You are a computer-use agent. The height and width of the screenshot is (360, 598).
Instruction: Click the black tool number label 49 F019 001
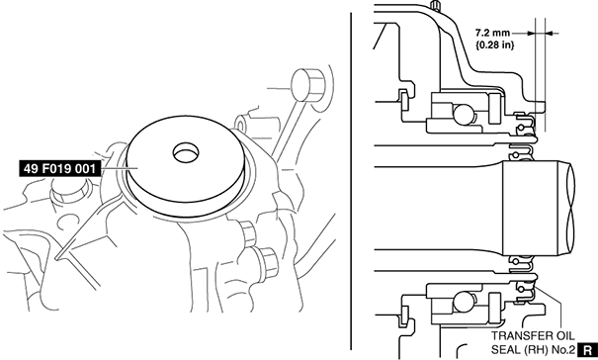pos(59,168)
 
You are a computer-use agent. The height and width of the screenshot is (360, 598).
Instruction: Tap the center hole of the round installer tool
pos(186,152)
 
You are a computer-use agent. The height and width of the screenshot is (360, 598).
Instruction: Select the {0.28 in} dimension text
pos(494,45)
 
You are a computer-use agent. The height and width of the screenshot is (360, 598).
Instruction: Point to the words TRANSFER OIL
pos(533,336)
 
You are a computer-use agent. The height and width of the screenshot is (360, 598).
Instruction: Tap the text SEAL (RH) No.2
pos(533,350)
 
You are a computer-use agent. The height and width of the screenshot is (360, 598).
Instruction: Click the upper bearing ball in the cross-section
pos(463,114)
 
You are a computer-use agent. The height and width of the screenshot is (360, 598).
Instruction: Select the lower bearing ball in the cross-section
pos(463,302)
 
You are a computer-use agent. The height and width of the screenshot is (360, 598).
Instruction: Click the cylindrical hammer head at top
pos(307,85)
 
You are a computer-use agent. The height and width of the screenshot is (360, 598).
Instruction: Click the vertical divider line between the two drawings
pos(351,180)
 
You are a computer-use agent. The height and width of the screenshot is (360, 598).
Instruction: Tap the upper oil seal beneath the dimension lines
pos(525,124)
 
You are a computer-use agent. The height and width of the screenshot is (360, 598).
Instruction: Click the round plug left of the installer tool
pos(68,191)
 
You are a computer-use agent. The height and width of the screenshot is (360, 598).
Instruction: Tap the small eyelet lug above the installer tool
pos(241,124)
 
